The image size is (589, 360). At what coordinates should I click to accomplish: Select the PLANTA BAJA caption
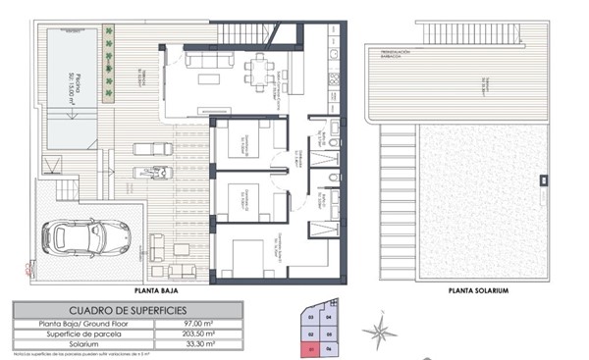(x=157, y=291)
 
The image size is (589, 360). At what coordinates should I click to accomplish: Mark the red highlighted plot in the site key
(x=311, y=345)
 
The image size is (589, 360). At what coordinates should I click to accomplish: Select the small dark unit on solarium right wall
(x=542, y=180)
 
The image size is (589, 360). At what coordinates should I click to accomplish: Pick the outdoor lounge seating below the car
(x=177, y=270)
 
